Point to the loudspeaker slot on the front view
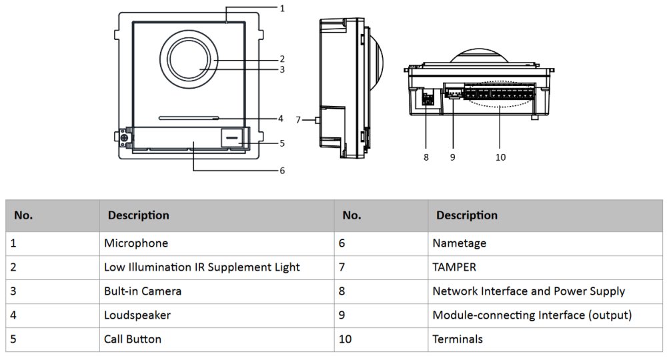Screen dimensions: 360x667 (x=189, y=117)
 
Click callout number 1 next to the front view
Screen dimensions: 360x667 (x=282, y=9)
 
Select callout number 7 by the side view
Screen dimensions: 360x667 (x=299, y=120)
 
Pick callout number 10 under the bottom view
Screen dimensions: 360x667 (x=500, y=157)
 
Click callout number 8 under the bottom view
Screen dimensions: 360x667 (x=426, y=157)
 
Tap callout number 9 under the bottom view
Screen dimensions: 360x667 (x=452, y=157)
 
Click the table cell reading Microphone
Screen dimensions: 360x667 (x=136, y=243)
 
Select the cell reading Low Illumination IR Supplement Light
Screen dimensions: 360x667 (x=201, y=267)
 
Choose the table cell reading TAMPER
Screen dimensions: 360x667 (x=455, y=267)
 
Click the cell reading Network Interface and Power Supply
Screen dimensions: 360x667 (x=528, y=291)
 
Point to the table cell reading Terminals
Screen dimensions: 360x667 (x=458, y=339)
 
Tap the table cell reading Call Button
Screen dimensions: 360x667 (x=133, y=339)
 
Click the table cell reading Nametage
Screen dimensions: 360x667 (x=460, y=243)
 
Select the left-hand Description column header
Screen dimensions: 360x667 (x=139, y=215)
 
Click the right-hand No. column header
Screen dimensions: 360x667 (x=352, y=215)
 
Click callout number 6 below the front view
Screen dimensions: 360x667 (x=282, y=171)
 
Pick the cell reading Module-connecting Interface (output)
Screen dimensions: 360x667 (x=532, y=315)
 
